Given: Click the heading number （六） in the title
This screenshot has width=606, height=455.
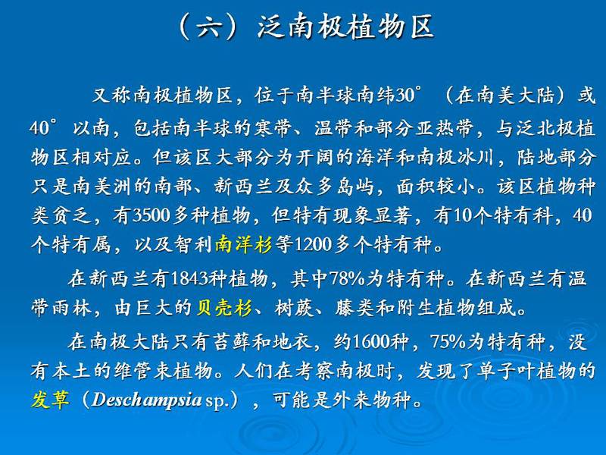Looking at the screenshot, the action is [x=208, y=27].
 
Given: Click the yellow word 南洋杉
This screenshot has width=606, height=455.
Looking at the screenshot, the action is [x=244, y=244].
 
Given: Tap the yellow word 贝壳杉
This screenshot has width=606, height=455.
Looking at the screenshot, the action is [x=224, y=308].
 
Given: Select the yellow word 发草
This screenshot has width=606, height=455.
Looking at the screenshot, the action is [x=50, y=399].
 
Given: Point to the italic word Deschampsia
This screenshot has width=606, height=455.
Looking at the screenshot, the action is [x=147, y=400].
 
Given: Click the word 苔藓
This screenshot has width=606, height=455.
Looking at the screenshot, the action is [x=233, y=341].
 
